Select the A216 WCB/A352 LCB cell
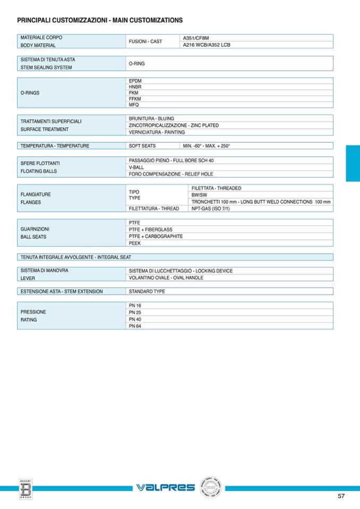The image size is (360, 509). [207, 45]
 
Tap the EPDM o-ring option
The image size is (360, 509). [135, 81]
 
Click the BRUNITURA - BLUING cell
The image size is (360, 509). [151, 118]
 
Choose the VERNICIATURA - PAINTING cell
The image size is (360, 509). [157, 132]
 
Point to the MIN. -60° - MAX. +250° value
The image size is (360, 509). [207, 146]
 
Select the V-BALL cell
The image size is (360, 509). [136, 167]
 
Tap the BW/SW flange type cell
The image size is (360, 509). [199, 195]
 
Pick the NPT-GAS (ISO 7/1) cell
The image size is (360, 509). [210, 209]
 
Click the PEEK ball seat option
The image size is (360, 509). [134, 243]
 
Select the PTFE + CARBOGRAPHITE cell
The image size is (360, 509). [156, 236]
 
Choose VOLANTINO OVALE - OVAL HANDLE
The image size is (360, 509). [166, 278]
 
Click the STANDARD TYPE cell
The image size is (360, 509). [147, 291]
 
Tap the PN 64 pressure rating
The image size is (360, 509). [135, 326]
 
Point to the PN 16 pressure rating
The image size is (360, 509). [135, 306]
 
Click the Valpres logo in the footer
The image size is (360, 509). [165, 487]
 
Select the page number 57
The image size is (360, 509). [341, 496]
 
